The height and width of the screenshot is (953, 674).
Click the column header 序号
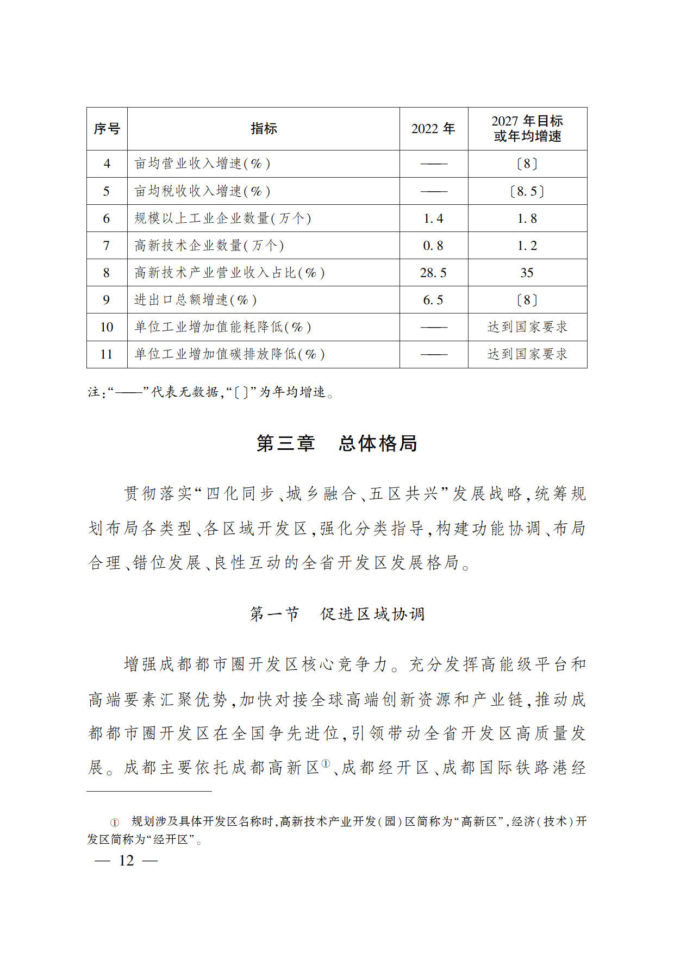point(107,129)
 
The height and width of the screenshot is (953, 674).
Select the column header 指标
point(264,129)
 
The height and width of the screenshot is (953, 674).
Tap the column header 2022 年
point(433,129)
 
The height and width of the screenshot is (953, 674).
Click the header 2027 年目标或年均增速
point(527,129)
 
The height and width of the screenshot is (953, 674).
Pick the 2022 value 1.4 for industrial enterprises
point(433,218)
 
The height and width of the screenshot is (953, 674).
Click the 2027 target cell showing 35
point(527,273)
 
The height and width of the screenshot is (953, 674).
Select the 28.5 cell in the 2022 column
point(433,273)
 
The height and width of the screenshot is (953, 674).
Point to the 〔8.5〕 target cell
point(527,191)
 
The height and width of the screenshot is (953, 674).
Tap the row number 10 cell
point(107,327)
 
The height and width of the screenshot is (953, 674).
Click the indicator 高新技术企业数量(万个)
point(209,246)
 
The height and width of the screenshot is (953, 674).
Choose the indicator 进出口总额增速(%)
point(196,300)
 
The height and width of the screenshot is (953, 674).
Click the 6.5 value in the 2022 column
point(433,300)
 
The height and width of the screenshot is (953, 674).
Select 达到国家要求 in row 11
point(527,354)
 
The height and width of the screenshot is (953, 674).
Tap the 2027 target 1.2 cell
point(527,246)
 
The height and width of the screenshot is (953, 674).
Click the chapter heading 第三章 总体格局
point(337,443)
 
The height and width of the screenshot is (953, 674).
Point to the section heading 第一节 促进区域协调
point(337,614)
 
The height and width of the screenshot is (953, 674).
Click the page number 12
point(126,861)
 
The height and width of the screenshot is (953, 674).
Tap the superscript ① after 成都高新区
point(326,763)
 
